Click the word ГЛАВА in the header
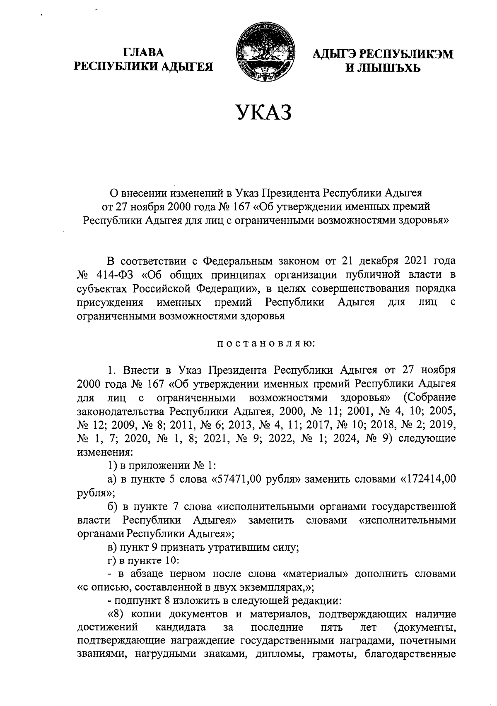pos(143,53)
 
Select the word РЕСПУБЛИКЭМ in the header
pos(406,54)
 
